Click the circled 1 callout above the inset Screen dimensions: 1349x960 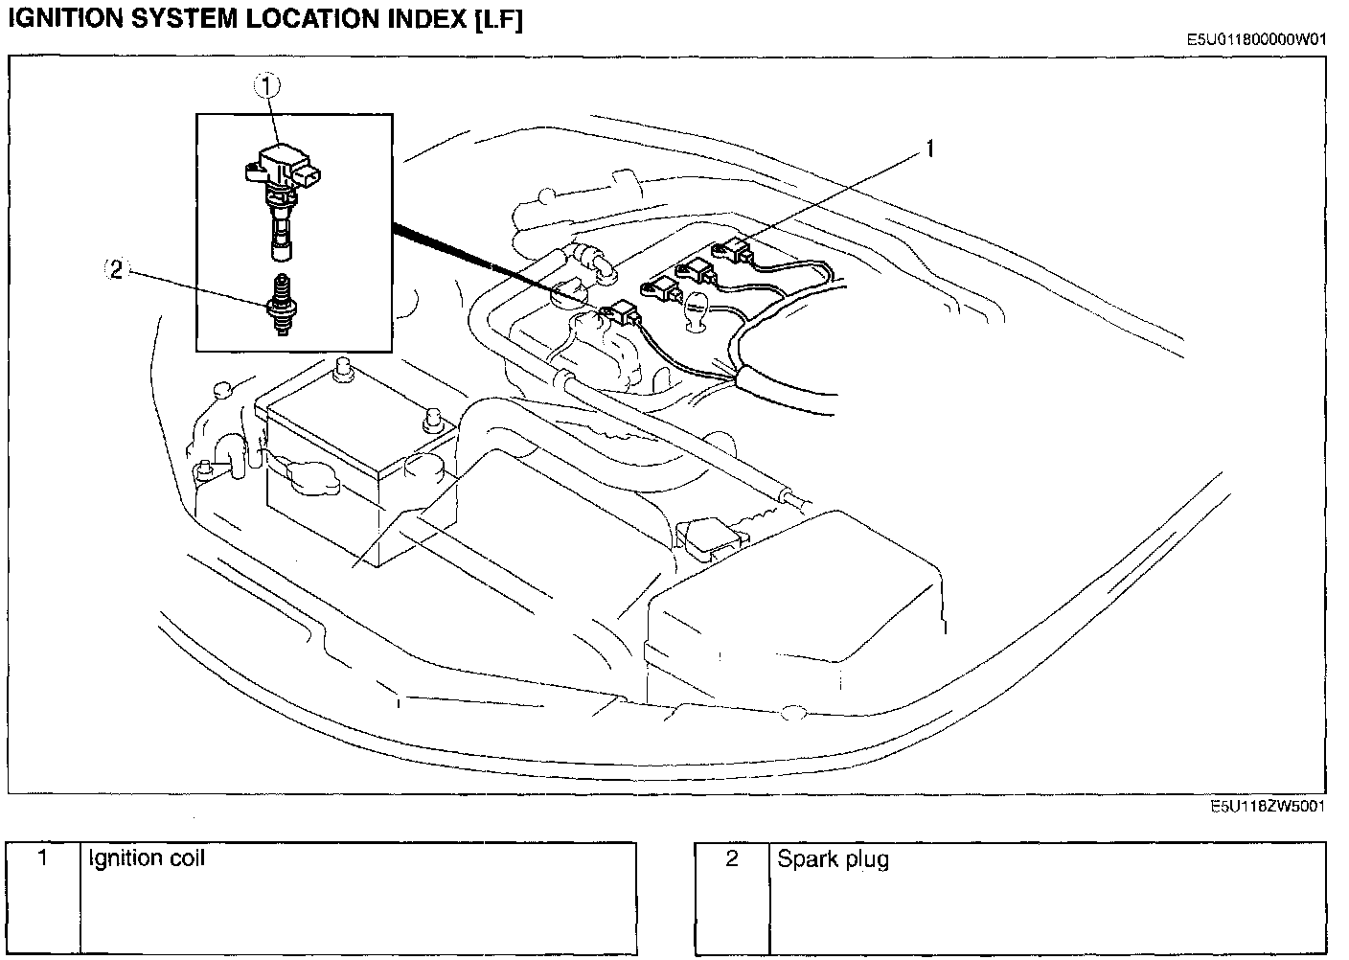(x=266, y=86)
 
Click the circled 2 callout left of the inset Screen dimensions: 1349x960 (x=115, y=269)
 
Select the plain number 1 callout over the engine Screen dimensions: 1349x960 (x=930, y=149)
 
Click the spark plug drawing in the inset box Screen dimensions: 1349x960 (x=282, y=304)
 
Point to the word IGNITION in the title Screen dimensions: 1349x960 (x=66, y=19)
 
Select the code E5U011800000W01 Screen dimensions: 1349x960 (x=1256, y=39)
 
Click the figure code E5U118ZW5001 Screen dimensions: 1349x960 (x=1268, y=806)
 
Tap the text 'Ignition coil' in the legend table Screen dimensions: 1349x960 (x=147, y=858)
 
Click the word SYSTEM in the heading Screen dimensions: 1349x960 (x=184, y=19)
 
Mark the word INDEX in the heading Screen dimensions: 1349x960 (x=426, y=19)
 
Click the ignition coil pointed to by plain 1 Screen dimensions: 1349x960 (x=732, y=250)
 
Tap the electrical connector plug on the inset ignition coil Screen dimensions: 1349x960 (x=307, y=174)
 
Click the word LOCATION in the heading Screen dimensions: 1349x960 (x=312, y=19)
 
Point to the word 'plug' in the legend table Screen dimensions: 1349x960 (x=867, y=861)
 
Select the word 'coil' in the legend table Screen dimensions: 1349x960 (x=187, y=857)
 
